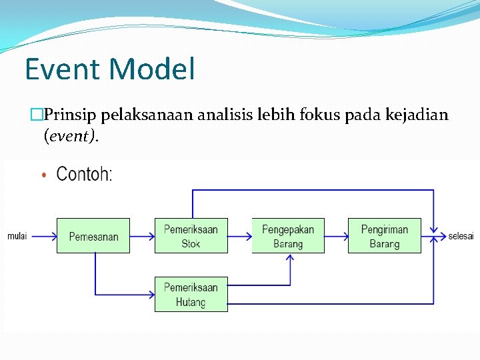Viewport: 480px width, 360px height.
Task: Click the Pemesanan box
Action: (x=93, y=236)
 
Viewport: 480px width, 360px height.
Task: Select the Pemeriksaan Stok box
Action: (x=191, y=236)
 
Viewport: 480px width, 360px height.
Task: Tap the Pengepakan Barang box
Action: (x=288, y=236)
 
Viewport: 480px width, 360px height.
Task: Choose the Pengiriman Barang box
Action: (x=384, y=236)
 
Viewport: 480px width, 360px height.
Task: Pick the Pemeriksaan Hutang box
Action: (x=191, y=294)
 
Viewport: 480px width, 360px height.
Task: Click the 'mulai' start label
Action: (x=17, y=236)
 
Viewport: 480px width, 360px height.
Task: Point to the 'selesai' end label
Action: (x=461, y=236)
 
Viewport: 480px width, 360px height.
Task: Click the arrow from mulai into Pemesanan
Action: (x=43, y=236)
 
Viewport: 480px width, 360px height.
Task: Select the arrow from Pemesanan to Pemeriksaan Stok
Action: (x=142, y=236)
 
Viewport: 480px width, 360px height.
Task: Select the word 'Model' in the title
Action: (x=151, y=69)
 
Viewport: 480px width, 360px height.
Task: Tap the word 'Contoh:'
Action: (x=85, y=175)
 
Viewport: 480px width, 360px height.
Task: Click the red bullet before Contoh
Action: (x=44, y=176)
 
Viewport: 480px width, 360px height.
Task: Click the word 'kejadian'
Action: (x=417, y=116)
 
